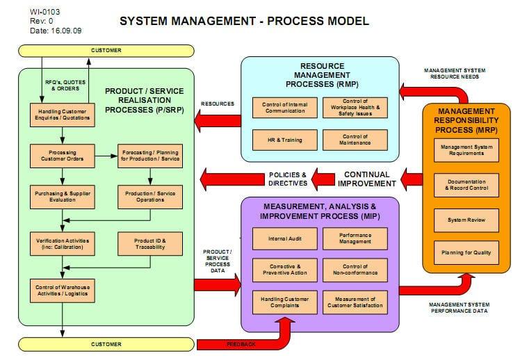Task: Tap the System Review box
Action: click(466, 220)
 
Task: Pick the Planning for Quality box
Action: click(466, 252)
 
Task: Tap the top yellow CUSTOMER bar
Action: click(106, 51)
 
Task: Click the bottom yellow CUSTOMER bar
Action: click(106, 344)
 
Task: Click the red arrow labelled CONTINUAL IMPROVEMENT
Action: click(410, 179)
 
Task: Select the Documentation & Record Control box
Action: click(466, 186)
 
